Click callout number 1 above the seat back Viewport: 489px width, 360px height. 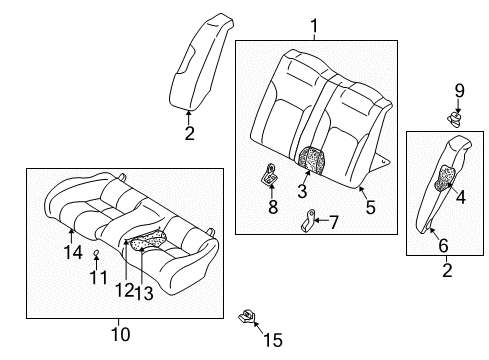tap(313, 26)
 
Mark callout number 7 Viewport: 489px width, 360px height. tap(333, 221)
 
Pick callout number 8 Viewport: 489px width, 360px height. tap(271, 208)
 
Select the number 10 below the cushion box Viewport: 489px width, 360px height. tap(120, 334)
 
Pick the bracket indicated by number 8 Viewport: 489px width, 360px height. tap(270, 176)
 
